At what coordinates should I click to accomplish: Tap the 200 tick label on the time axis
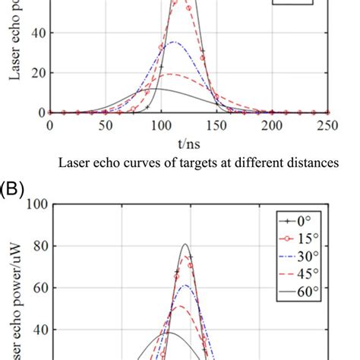pos(272,125)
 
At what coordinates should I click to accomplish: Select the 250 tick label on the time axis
pos(327,125)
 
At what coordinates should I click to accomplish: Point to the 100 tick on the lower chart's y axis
pos(36,205)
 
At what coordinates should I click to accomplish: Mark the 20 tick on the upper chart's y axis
pos(36,73)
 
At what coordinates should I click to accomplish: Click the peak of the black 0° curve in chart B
pos(185,245)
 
